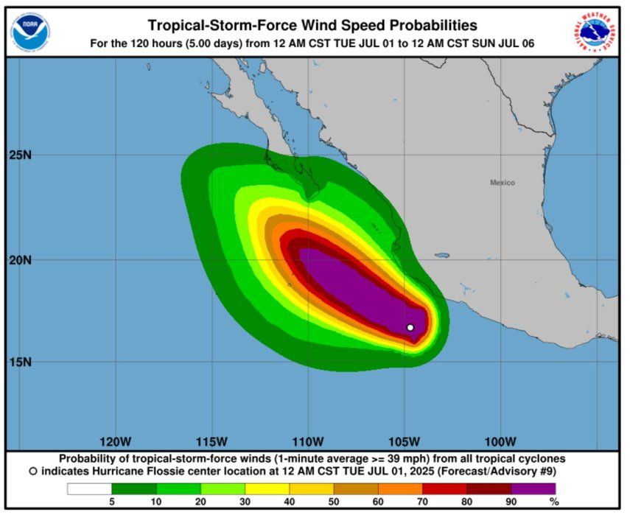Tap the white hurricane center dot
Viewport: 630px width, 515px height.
(410, 327)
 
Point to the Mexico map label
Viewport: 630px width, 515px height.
(503, 183)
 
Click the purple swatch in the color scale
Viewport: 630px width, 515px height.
(533, 488)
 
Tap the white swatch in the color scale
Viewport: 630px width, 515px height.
(89, 488)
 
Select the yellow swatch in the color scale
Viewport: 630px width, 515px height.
(267, 488)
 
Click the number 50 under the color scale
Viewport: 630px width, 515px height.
(334, 502)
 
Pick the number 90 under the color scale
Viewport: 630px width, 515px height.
(511, 502)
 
